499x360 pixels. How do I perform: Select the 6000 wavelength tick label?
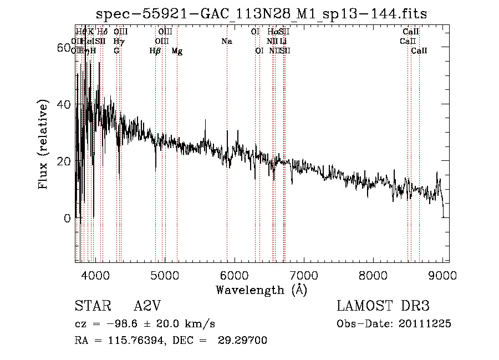click(x=234, y=274)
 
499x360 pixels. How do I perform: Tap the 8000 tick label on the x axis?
click(x=373, y=274)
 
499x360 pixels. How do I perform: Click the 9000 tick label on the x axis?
click(x=442, y=274)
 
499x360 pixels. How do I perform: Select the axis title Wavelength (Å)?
click(x=261, y=290)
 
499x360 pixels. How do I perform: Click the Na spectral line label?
click(x=226, y=41)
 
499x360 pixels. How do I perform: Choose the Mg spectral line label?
click(x=177, y=51)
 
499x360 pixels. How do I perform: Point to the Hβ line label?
click(x=155, y=51)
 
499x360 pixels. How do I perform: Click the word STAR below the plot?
click(x=93, y=306)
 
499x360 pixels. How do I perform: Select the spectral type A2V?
click(x=147, y=306)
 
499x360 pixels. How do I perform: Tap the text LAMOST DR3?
click(x=383, y=306)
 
